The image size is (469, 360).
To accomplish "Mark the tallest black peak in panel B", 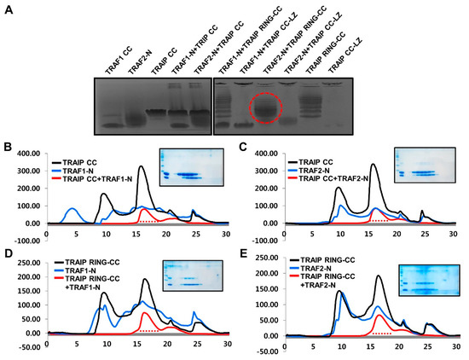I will (141, 167).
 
